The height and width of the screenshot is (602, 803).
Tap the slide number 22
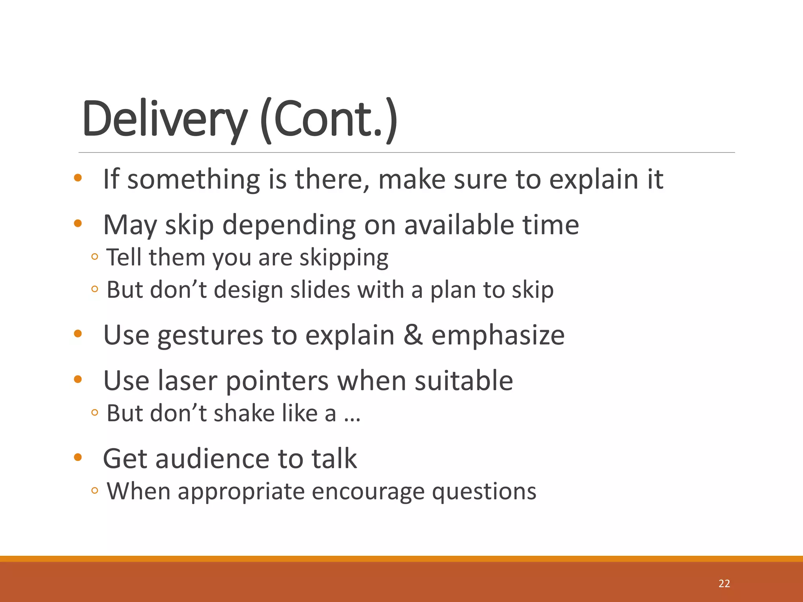[724, 584]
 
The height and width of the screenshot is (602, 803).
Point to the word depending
[289, 225]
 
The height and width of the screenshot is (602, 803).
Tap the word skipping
[344, 258]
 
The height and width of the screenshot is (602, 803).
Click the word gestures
[210, 336]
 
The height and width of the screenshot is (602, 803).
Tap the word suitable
[464, 381]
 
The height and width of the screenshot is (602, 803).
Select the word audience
[212, 459]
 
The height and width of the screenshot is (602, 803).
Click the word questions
[484, 492]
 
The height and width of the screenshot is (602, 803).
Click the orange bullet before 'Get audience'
[78, 457]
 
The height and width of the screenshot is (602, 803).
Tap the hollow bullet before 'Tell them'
[94, 257]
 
